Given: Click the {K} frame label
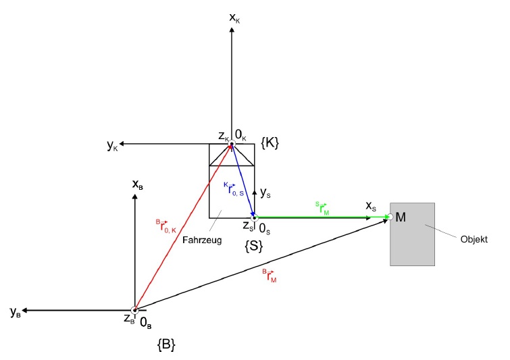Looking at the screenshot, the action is (x=270, y=143).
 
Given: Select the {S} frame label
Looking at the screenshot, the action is (x=253, y=246).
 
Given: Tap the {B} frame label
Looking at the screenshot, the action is (x=166, y=344).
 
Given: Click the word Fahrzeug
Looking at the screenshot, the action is (x=202, y=240).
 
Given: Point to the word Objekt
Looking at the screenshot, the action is (x=474, y=240).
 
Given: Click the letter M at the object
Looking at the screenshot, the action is (x=401, y=217).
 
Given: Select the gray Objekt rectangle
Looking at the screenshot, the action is (x=413, y=234).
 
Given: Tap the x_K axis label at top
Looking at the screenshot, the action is (x=234, y=18).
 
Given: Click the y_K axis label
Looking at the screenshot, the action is (x=113, y=146).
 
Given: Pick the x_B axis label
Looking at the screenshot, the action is (x=137, y=184).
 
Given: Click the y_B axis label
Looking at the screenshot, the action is (x=16, y=312).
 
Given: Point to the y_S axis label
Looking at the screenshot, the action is (x=265, y=193).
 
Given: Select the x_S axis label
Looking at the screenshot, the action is (x=371, y=206).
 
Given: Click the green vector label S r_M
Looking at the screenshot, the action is (x=322, y=208).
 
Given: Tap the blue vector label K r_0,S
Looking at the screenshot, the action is (x=234, y=189).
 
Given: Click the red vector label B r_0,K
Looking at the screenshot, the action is (x=166, y=226).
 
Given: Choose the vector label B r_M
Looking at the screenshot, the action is (x=270, y=276).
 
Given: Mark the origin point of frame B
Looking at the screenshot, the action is (x=134, y=310).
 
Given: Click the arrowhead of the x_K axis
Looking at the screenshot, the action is (x=232, y=30).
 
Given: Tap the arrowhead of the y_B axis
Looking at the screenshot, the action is (x=24, y=310).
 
